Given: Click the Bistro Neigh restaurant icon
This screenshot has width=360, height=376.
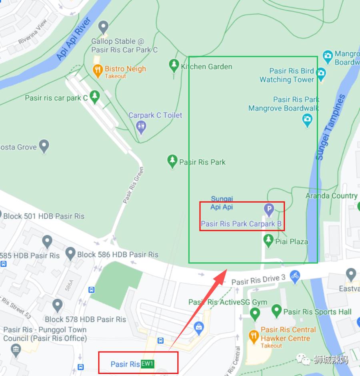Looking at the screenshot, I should (x=98, y=72).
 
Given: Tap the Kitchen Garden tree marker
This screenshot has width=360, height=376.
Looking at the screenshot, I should (x=174, y=66).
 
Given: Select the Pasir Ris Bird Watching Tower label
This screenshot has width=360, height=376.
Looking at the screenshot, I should (x=287, y=75).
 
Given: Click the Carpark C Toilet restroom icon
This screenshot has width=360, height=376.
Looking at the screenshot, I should (x=141, y=127).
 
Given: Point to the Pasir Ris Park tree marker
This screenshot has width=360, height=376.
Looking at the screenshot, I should (x=172, y=161).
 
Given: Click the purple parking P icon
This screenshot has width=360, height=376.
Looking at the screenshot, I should (x=269, y=209).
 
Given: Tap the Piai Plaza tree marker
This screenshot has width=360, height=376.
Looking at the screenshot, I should (x=268, y=241).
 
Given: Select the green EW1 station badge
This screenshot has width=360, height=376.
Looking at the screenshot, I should (x=148, y=364).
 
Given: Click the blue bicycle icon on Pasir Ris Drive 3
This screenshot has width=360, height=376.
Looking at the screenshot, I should (x=295, y=275).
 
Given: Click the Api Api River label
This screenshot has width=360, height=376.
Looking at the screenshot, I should (x=73, y=39).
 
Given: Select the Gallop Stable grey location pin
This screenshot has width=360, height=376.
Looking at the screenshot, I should (x=104, y=27).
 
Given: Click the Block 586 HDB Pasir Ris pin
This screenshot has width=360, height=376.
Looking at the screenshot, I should (x=70, y=253).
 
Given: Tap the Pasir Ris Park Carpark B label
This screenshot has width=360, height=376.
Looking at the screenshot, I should (x=241, y=224).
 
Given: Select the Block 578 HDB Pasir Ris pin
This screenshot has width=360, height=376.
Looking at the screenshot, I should (x=58, y=306).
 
